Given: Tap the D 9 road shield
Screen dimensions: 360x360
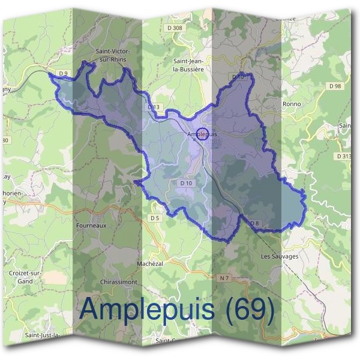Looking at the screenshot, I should click(x=65, y=73).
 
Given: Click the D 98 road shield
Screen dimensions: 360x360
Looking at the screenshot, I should click(x=335, y=86).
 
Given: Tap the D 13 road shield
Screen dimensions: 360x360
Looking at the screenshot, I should click(x=154, y=107).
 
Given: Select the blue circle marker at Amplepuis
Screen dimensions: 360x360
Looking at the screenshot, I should click(x=202, y=133).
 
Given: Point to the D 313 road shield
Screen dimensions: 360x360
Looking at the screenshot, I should click(x=344, y=156).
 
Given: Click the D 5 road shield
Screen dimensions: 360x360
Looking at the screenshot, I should click(x=155, y=218).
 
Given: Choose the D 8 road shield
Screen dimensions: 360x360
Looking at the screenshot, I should click(x=254, y=223).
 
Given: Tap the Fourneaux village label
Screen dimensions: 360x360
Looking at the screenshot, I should click(x=92, y=226).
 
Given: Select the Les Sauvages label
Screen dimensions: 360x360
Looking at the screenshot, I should click(x=280, y=256).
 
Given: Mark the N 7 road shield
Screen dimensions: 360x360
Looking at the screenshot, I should click(x=224, y=278).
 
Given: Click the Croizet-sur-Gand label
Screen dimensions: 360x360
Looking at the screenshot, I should click(x=34, y=277).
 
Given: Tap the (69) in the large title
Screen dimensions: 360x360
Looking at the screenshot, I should click(x=247, y=310).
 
